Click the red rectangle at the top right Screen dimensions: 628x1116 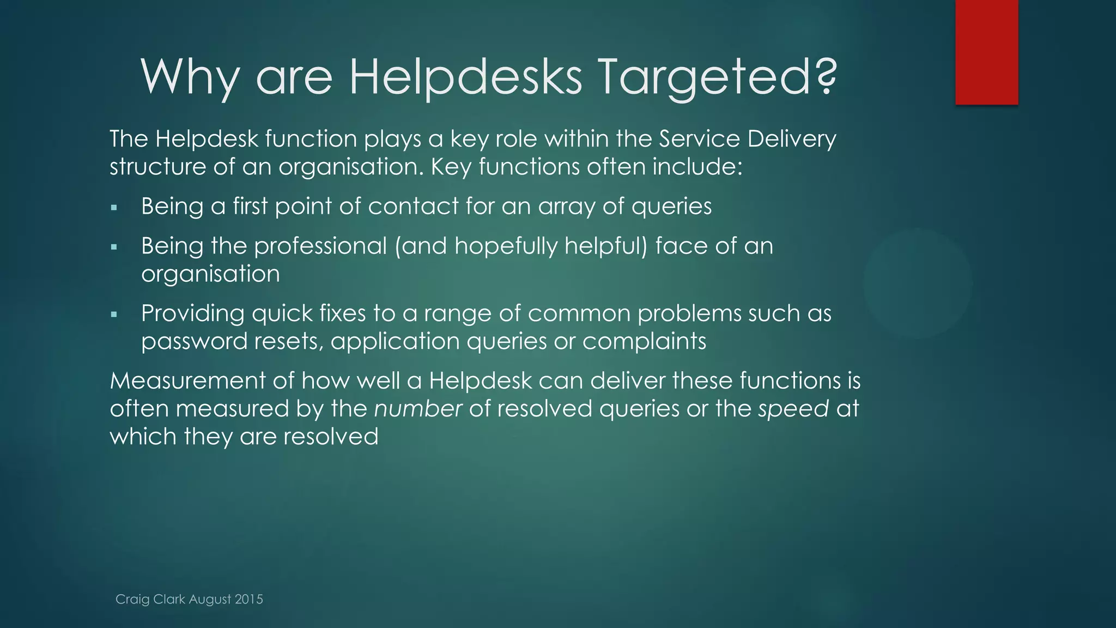[986, 52]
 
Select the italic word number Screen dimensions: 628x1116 [418, 409]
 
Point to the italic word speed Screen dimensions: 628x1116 [793, 409]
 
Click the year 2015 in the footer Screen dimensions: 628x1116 [249, 599]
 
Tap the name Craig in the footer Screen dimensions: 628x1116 [132, 599]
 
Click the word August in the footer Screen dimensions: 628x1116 [210, 599]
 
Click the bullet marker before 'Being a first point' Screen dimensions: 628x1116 [114, 208]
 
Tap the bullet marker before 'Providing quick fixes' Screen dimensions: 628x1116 [114, 315]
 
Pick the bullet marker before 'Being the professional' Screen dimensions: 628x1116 [114, 247]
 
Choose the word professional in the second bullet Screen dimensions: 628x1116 [320, 246]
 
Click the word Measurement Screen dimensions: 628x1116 [188, 381]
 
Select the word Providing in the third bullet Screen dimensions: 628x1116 [193, 314]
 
